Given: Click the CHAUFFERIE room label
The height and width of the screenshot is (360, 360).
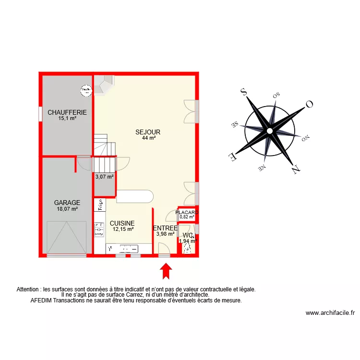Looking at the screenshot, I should (x=67, y=112).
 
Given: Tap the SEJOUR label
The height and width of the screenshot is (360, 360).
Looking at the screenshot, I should (x=148, y=132).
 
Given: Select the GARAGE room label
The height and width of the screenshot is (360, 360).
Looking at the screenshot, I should (x=67, y=203).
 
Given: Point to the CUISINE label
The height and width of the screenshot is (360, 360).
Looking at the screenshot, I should (x=122, y=223).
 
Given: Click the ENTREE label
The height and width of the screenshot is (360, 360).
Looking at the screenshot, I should (x=165, y=228).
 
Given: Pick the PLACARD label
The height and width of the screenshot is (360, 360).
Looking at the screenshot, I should (x=187, y=212).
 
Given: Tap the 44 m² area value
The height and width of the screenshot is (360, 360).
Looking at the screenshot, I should (x=148, y=138).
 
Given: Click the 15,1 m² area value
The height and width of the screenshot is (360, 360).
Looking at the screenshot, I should (x=67, y=118).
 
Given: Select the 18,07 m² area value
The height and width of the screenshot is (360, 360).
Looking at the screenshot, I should (x=67, y=209).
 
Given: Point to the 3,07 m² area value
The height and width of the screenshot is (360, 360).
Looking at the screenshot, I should (x=105, y=177).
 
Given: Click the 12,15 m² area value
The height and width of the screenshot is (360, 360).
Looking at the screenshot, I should (x=123, y=229).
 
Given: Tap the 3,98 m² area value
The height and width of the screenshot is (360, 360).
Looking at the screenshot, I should (x=165, y=234).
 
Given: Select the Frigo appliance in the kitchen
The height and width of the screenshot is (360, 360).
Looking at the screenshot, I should (x=101, y=205).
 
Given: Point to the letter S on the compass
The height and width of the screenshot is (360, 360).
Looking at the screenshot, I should (x=243, y=92).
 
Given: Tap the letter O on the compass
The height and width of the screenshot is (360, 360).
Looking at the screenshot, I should (x=310, y=104).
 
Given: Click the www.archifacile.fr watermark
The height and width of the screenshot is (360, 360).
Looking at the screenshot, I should (x=330, y=313).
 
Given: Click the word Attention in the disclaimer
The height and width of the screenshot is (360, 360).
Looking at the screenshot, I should (x=28, y=289).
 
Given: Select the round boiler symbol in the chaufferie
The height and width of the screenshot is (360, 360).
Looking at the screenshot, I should (x=85, y=89).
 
